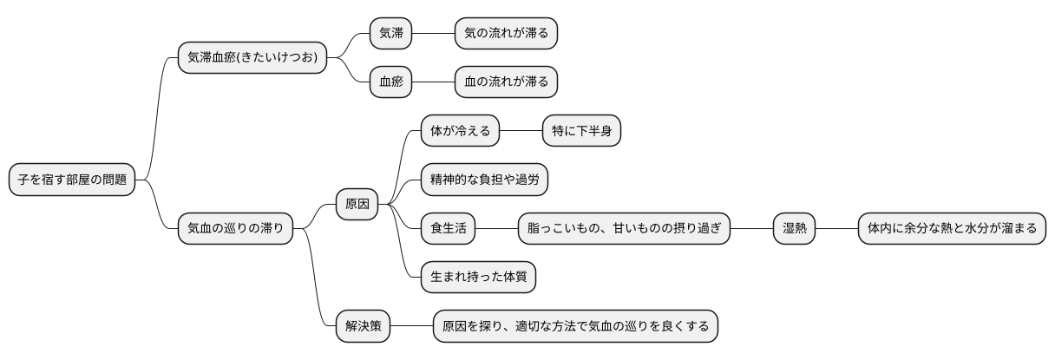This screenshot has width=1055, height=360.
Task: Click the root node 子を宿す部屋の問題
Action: (72, 180)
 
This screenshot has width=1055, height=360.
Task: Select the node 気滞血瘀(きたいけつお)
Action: (252, 58)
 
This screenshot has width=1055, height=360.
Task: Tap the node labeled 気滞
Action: (390, 33)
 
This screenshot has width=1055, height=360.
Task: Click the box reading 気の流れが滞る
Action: (506, 33)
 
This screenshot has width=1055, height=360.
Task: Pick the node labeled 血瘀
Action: (390, 82)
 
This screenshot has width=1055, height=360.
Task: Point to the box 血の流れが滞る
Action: (506, 82)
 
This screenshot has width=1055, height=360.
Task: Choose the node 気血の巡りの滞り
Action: (235, 229)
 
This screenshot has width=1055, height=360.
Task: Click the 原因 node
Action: (357, 205)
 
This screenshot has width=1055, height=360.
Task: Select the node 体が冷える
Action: (460, 132)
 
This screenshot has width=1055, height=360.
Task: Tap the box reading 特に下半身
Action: (581, 132)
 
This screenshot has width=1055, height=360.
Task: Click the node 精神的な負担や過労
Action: (484, 180)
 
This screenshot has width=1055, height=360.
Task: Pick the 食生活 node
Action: (449, 229)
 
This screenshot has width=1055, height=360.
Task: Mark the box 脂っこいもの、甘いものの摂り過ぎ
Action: (624, 229)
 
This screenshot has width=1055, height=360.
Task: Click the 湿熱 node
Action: (795, 229)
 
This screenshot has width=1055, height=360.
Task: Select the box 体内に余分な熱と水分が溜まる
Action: (952, 229)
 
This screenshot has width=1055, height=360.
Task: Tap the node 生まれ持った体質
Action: (478, 278)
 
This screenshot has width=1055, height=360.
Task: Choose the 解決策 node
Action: (363, 327)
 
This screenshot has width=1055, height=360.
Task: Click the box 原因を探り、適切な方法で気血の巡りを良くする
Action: (575, 327)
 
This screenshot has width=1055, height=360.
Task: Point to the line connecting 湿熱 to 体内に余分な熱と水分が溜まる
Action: (836, 229)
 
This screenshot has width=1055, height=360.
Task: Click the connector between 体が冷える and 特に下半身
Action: (521, 132)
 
